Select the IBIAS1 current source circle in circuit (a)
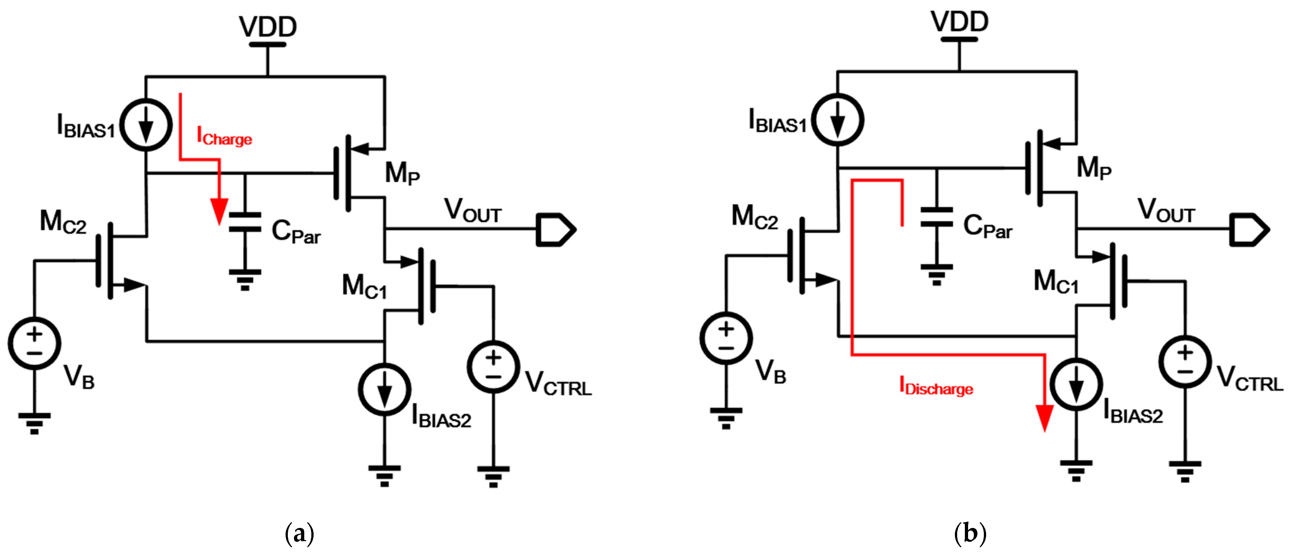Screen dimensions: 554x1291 (146, 125)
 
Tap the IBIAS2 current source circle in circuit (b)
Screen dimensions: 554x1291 (1076, 385)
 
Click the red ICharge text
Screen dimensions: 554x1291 (224, 137)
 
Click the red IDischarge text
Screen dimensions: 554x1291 (936, 387)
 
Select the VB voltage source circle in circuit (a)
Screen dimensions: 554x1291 (34, 343)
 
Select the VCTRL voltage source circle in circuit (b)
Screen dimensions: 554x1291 (1185, 362)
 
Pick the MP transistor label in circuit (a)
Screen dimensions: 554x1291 (402, 173)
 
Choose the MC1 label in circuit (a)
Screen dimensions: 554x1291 (364, 287)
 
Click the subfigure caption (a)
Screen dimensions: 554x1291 (299, 533)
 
